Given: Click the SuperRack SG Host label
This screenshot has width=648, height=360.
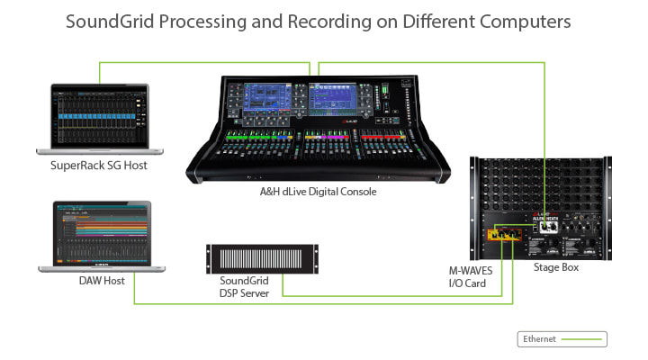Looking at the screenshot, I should (99, 166).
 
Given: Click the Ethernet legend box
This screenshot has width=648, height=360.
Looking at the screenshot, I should (562, 339).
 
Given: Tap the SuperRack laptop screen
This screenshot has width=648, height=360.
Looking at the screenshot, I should (96, 115).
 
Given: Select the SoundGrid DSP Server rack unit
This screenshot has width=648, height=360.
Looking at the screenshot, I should (245, 259).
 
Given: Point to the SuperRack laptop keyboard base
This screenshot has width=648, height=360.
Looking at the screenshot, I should (96, 151).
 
